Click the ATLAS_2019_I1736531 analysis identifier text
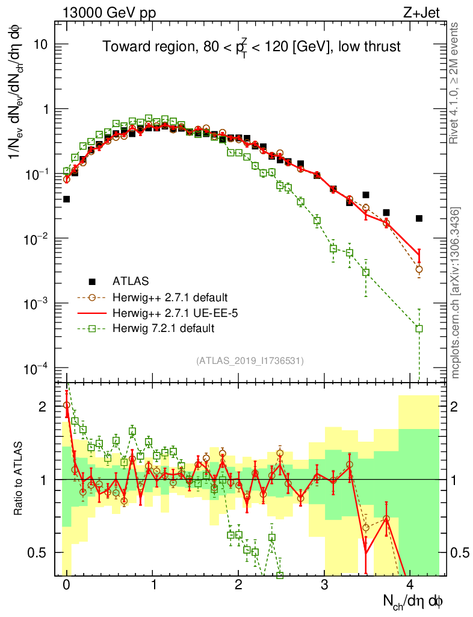coord(249,361)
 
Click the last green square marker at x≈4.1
coord(419,328)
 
